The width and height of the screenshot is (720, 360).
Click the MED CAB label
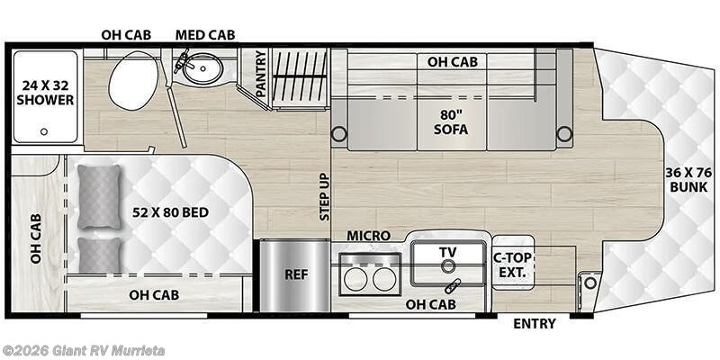click(205, 34)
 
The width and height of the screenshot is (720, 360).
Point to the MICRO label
click(368, 236)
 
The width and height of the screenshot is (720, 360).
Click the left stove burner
click(355, 279)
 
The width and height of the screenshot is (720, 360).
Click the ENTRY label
click(535, 323)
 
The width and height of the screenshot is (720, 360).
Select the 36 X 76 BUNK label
click(687, 179)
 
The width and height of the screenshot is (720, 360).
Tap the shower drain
click(42, 131)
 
